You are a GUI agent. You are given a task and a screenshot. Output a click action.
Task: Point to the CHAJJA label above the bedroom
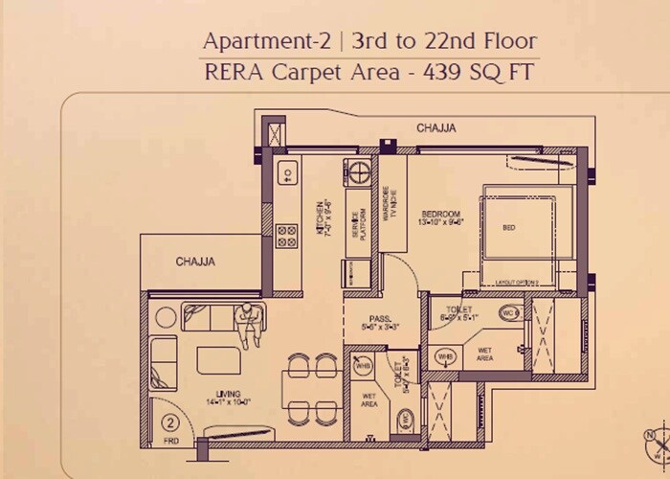click(x=435, y=127)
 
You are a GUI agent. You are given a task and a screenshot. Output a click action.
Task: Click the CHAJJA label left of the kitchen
click(x=194, y=261)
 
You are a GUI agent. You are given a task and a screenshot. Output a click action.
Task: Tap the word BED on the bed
click(x=508, y=228)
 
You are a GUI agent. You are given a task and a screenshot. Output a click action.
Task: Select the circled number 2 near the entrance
click(x=169, y=422)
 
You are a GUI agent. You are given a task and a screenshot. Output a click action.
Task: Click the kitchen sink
click(x=285, y=174)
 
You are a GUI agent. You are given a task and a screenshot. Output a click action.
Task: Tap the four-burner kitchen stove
click(x=285, y=235)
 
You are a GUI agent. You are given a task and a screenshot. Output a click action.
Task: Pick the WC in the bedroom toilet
click(x=510, y=312)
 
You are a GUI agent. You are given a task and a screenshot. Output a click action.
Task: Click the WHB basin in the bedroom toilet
click(x=444, y=356)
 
